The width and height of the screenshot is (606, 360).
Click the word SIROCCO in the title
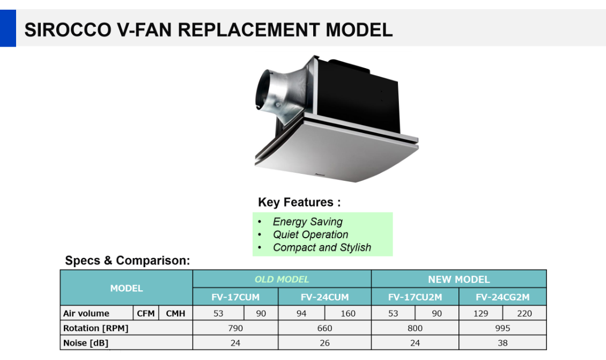[68, 30]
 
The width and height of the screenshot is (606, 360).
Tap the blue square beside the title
[8, 28]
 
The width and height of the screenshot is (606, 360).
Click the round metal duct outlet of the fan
[267, 90]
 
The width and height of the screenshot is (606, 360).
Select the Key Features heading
[300, 202]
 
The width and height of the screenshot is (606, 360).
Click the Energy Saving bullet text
[308, 222]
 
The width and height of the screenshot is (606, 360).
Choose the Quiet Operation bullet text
[311, 234]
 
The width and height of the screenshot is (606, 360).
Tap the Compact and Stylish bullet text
[322, 247]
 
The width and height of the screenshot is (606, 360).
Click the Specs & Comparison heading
[128, 261]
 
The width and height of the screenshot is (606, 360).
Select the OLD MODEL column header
[282, 279]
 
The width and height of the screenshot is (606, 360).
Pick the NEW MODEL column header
[459, 279]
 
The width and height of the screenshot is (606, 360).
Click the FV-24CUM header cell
[324, 297]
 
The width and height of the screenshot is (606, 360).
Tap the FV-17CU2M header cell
[415, 297]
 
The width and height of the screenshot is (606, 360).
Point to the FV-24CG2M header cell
[502, 297]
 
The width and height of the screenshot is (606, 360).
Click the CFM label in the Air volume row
[146, 313]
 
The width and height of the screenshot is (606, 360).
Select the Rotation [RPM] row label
[96, 328]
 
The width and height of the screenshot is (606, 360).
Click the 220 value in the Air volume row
[524, 313]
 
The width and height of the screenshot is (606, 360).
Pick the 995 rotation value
[502, 328]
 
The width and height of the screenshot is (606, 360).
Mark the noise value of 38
[502, 343]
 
